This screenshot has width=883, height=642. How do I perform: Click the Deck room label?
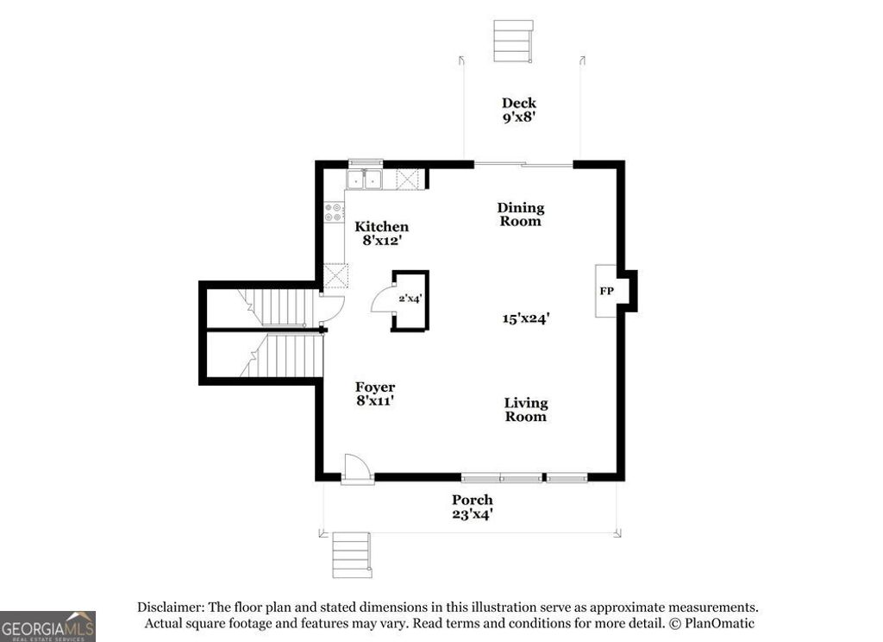(x=519, y=104)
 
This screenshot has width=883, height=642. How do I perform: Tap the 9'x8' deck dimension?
(x=519, y=117)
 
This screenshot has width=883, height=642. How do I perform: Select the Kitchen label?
(x=381, y=227)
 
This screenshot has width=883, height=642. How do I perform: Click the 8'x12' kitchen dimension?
(x=381, y=241)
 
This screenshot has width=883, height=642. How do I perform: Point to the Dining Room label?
(x=521, y=214)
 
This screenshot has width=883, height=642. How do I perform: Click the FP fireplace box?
(x=607, y=291)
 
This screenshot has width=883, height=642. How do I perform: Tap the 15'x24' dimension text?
(x=526, y=318)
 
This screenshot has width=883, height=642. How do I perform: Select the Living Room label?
(x=526, y=410)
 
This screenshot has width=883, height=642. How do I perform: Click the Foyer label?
(x=376, y=387)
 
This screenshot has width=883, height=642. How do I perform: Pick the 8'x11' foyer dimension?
(x=376, y=400)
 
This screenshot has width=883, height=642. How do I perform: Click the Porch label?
(x=473, y=500)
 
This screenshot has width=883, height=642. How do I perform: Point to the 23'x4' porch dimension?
(x=473, y=514)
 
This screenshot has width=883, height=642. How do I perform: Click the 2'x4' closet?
(x=409, y=299)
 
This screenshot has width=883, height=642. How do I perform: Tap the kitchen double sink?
(x=365, y=179)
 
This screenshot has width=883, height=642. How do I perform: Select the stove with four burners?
(x=333, y=212)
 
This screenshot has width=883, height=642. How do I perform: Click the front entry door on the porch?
(x=357, y=470)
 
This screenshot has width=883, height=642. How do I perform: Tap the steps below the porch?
(x=352, y=554)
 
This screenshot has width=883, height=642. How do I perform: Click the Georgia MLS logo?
(x=47, y=626)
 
